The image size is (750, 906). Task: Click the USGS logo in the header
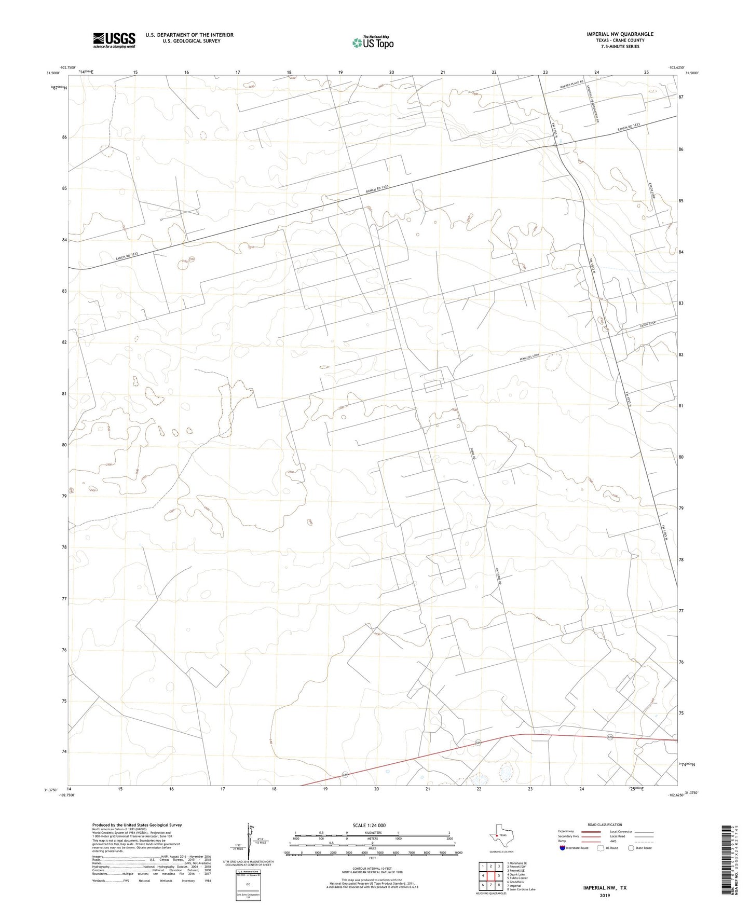tap(114, 40)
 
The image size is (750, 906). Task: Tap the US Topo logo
tap(372, 43)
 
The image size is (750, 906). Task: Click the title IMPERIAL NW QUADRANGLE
tap(620, 34)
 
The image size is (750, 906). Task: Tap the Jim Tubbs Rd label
tap(499, 575)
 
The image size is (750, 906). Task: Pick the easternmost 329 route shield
tap(610, 737)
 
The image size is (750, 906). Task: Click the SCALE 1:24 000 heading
tap(369, 825)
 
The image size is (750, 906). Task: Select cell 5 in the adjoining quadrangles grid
tap(498, 875)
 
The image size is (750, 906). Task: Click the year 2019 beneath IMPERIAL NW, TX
tap(605, 895)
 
